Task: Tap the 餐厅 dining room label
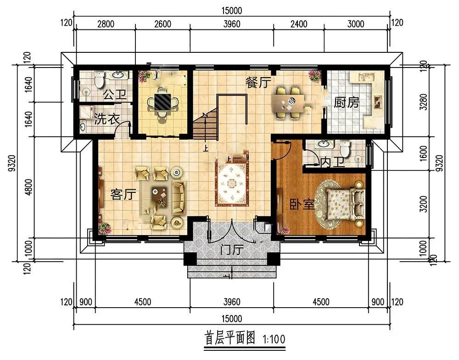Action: click(x=257, y=82)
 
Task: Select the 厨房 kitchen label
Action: click(x=347, y=102)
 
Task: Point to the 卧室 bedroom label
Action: click(x=302, y=204)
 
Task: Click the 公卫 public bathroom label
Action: click(x=115, y=95)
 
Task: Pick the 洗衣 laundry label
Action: click(x=107, y=119)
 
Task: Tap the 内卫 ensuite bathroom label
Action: click(x=332, y=162)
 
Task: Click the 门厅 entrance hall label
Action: click(x=232, y=250)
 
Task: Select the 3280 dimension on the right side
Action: click(x=423, y=102)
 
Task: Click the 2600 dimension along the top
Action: click(x=163, y=24)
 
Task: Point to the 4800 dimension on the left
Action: click(x=28, y=187)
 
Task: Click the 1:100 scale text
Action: click(x=274, y=339)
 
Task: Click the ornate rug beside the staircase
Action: click(x=232, y=184)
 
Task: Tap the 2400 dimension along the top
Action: click(x=299, y=24)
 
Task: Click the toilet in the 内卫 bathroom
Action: click(x=346, y=148)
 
